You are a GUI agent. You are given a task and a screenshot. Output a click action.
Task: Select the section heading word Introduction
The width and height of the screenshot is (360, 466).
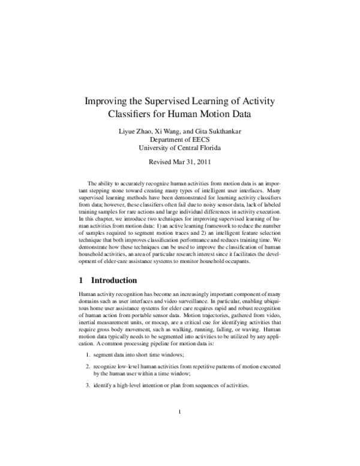coord(114,280)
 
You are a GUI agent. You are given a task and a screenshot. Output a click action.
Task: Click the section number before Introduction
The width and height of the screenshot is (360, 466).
coord(81,280)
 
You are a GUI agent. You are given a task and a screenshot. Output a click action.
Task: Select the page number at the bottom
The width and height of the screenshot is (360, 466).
coord(180,429)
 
